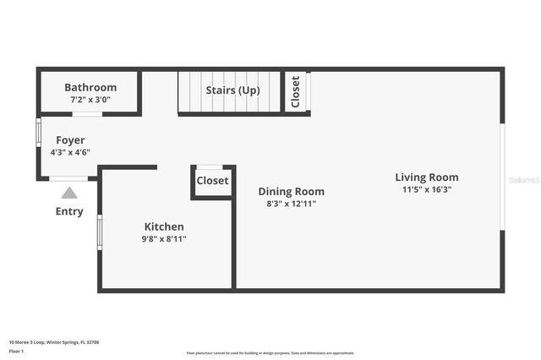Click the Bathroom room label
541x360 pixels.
[90, 87]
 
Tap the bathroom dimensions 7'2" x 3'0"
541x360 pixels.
[90, 99]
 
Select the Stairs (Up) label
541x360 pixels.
[232, 90]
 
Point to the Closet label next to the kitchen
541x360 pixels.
[212, 181]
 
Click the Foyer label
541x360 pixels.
[70, 140]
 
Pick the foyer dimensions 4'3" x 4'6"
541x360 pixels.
[70, 152]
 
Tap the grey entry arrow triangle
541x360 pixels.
[69, 193]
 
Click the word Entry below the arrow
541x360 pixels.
[69, 211]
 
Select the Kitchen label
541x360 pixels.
[164, 226]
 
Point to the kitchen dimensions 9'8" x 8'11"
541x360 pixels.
[164, 239]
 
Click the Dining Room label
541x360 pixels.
[291, 191]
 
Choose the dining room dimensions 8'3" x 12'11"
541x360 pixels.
[291, 204]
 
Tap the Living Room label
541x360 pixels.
[427, 177]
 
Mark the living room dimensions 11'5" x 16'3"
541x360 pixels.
[427, 190]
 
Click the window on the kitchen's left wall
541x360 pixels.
[100, 232]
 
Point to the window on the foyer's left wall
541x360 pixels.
[38, 133]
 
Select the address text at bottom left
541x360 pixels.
[53, 342]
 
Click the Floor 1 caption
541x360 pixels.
[16, 350]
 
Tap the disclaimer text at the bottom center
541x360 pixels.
[270, 353]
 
